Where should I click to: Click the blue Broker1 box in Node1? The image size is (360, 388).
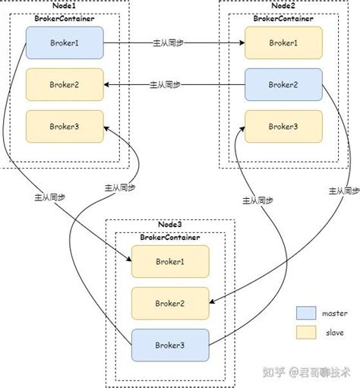(x=64, y=42)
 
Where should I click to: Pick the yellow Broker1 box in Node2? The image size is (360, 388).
(x=283, y=42)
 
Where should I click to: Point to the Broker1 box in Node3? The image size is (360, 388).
(x=169, y=261)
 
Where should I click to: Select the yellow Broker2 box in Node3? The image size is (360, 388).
(x=169, y=303)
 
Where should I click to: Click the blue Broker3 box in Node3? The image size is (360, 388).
(x=169, y=345)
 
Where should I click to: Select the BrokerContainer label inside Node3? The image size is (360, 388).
(x=169, y=237)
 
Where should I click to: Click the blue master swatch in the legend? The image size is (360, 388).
(x=305, y=313)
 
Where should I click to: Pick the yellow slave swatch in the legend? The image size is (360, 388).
(x=305, y=333)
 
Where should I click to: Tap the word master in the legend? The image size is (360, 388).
(x=333, y=313)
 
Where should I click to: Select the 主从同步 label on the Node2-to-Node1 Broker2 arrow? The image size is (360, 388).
(x=165, y=84)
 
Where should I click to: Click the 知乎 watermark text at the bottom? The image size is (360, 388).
(x=274, y=372)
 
